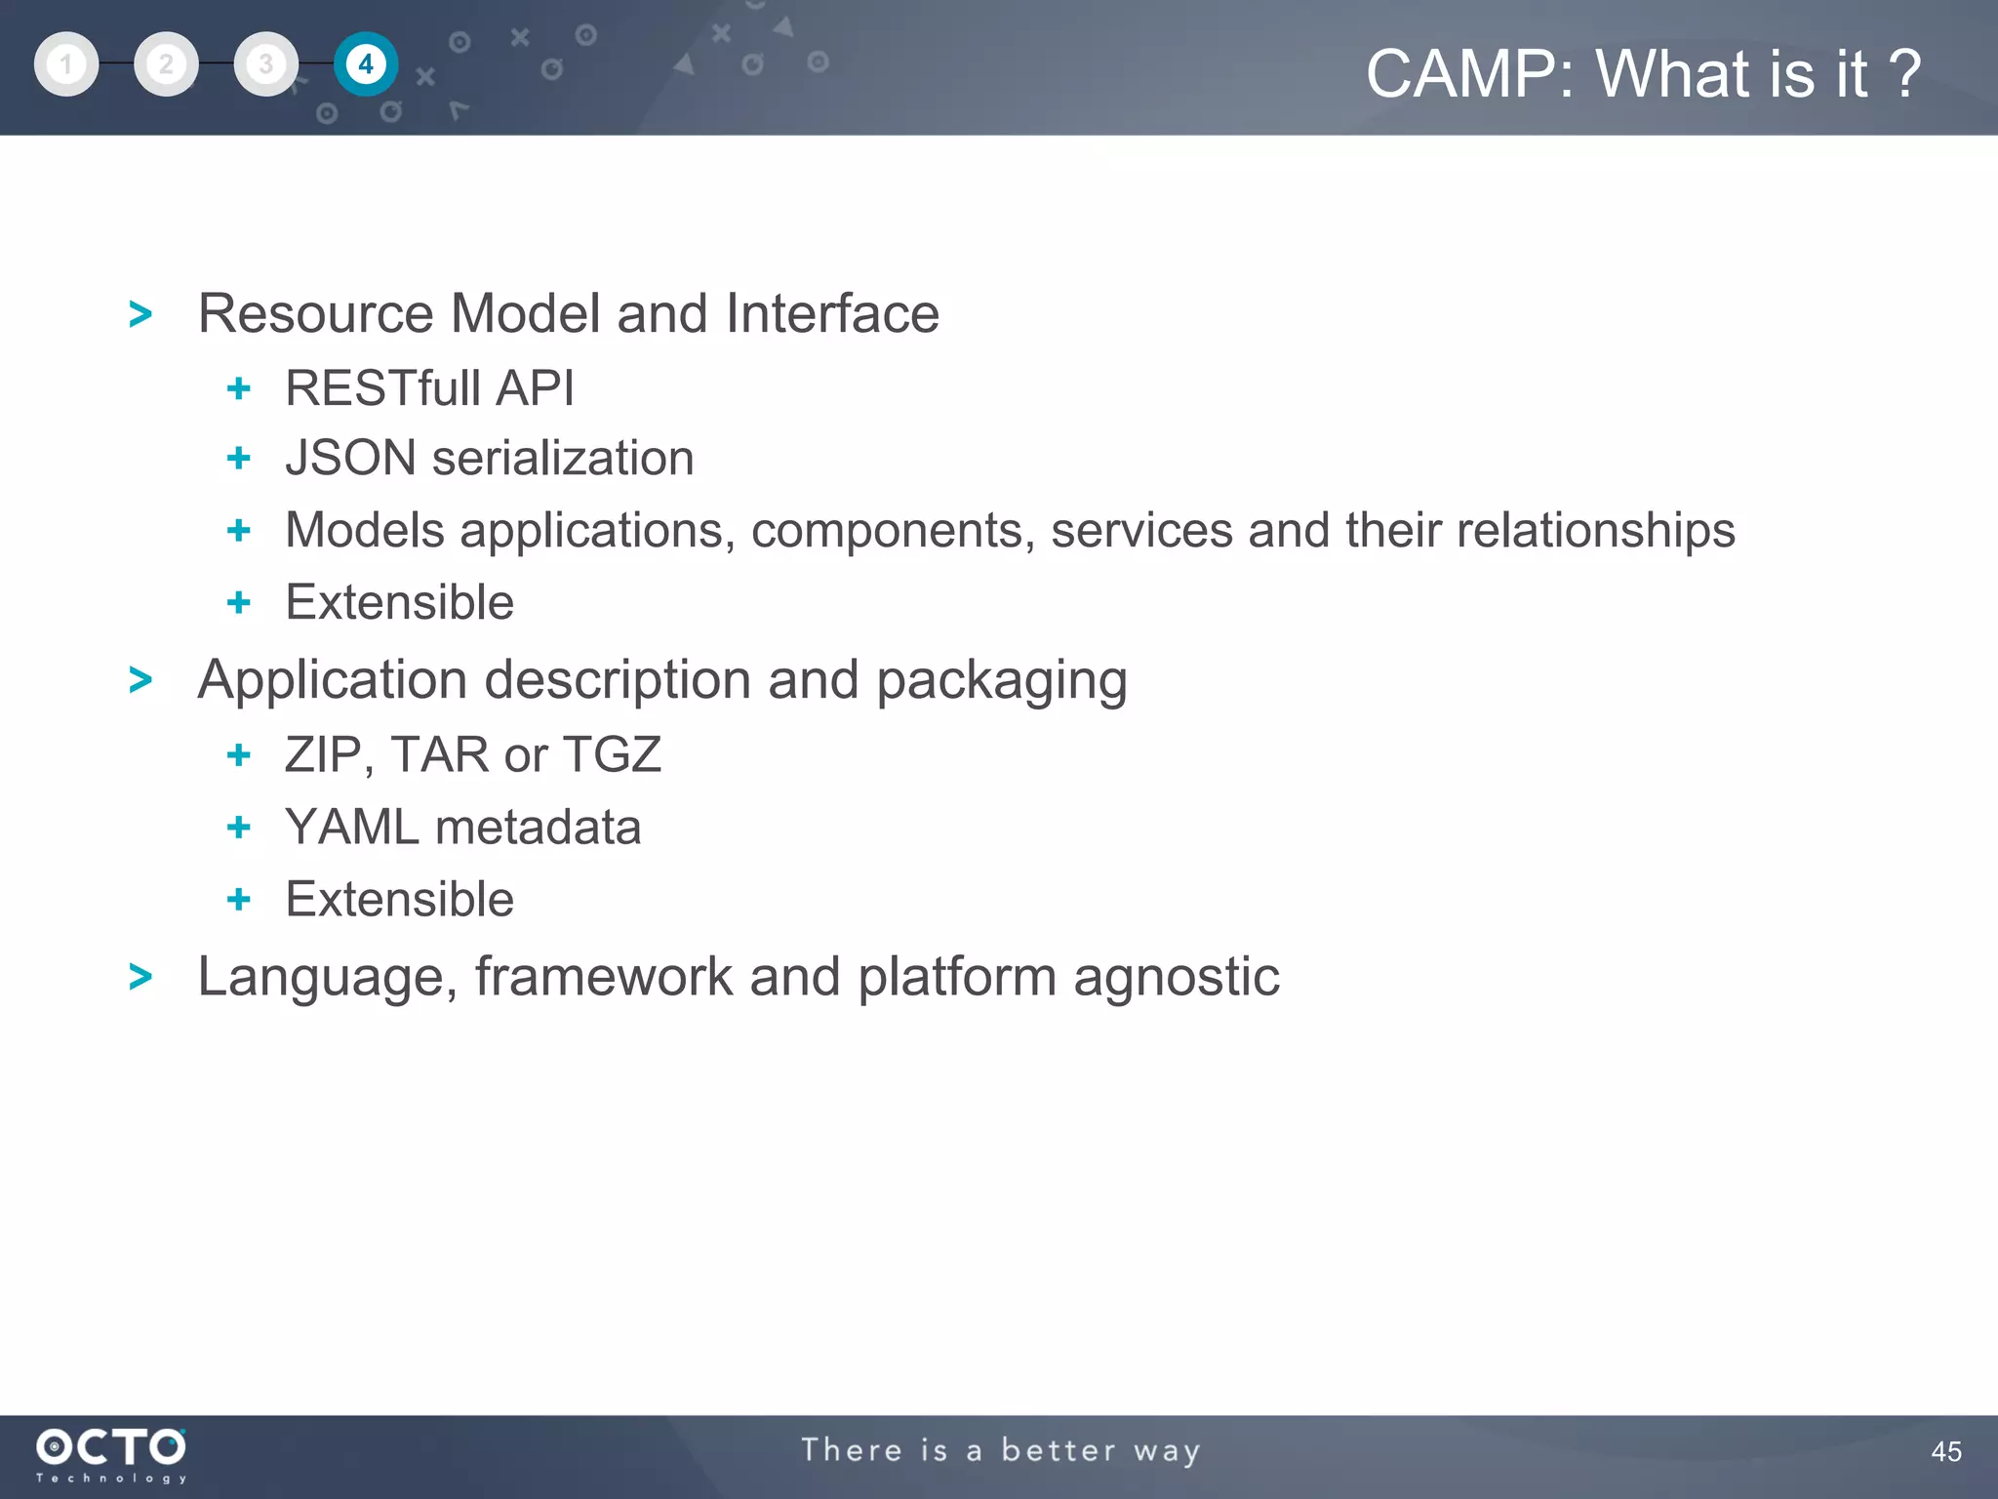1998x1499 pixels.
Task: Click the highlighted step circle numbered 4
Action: click(x=366, y=64)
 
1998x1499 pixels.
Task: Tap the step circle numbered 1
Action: click(x=66, y=64)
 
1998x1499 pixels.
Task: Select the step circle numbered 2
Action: click(x=166, y=64)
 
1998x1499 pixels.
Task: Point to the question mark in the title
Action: click(x=1903, y=74)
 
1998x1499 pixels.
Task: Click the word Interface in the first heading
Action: click(x=832, y=314)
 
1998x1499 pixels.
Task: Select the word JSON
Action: click(x=350, y=459)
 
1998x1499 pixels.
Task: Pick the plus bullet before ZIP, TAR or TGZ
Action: click(x=238, y=755)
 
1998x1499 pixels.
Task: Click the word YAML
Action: click(x=351, y=828)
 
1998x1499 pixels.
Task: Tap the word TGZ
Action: click(x=613, y=755)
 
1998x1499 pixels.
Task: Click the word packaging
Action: click(x=1001, y=681)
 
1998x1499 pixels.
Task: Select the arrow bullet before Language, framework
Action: click(x=140, y=977)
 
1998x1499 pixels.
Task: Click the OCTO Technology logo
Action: click(x=111, y=1454)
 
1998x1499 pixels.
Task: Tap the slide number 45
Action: click(x=1945, y=1451)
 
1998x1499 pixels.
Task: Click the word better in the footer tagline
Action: click(x=1059, y=1450)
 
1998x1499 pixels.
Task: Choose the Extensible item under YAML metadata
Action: click(x=399, y=899)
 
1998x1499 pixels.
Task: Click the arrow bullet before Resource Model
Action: click(x=140, y=315)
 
